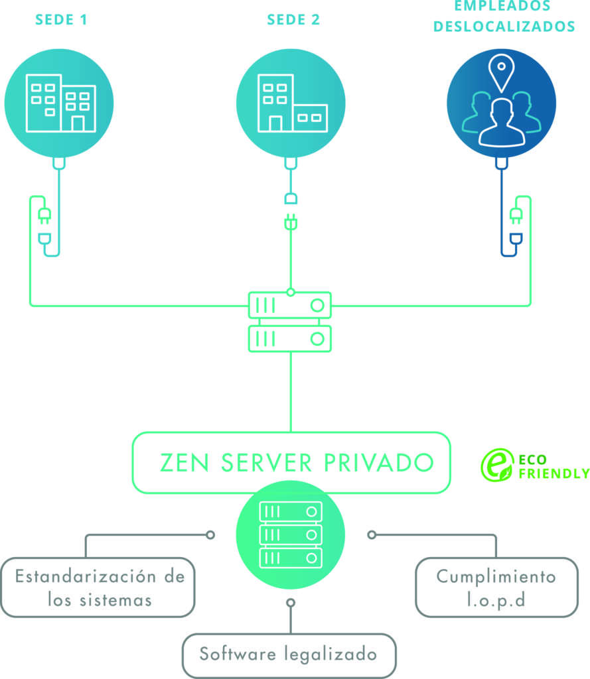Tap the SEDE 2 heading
click(293, 19)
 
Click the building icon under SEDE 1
click(60, 103)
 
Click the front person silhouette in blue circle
click(502, 123)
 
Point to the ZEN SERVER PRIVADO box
click(291, 462)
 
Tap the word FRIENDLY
click(553, 473)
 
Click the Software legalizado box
click(289, 654)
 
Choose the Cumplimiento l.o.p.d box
click(496, 587)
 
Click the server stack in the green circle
click(291, 534)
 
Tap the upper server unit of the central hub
click(290, 306)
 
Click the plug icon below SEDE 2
click(290, 222)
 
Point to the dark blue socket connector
click(514, 239)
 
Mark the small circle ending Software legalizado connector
click(290, 603)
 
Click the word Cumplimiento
click(496, 576)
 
